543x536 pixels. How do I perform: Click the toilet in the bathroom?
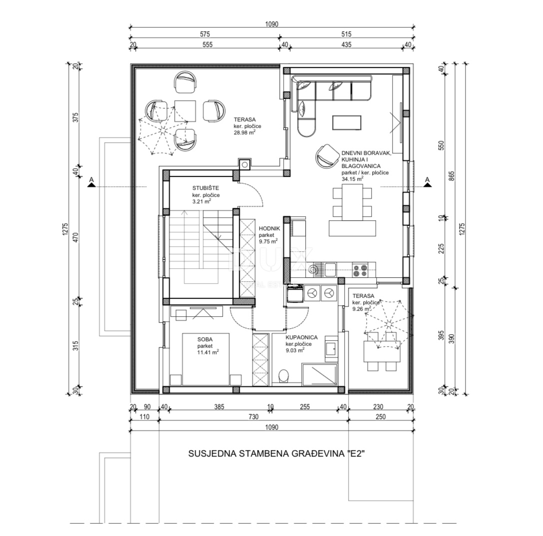point(284,376)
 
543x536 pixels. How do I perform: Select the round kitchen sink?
point(314,270)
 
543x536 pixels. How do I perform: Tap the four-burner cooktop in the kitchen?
point(360,270)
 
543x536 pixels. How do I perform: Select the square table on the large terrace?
point(184,110)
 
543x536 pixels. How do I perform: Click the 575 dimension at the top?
point(204,34)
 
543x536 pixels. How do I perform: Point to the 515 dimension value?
point(346,34)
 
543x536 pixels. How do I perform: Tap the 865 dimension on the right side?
point(452,177)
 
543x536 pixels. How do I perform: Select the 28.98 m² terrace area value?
point(245,133)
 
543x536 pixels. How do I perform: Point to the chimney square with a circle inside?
point(244,163)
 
